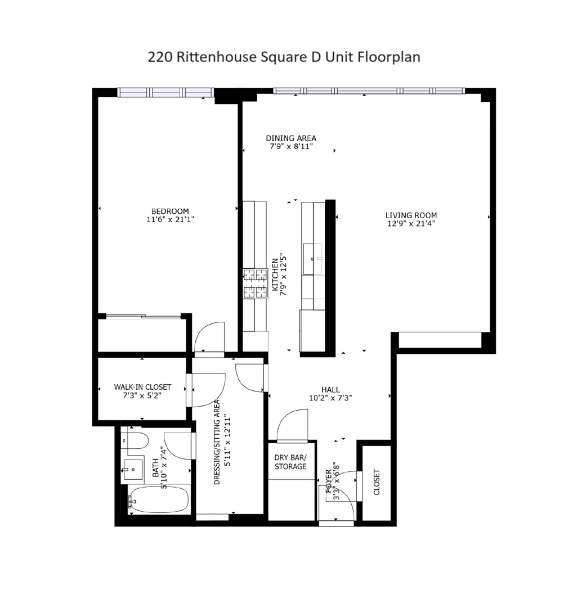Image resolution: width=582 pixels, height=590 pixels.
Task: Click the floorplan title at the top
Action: tap(284, 57)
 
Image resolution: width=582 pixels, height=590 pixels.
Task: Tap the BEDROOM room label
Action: tap(170, 211)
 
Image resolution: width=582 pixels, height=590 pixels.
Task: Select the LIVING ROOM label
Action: tap(411, 215)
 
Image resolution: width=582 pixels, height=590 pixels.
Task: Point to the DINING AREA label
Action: tap(291, 138)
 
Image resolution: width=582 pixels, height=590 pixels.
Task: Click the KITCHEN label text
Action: tap(275, 274)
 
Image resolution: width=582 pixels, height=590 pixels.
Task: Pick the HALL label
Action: tap(330, 389)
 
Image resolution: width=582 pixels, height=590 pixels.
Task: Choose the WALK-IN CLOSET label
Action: tap(142, 387)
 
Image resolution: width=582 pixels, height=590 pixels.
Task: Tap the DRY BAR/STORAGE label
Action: tap(290, 462)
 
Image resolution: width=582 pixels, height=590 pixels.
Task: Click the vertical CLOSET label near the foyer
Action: tap(377, 481)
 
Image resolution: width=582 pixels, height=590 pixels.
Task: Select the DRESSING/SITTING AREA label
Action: tap(217, 443)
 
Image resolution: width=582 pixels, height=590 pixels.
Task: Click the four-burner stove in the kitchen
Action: tap(255, 283)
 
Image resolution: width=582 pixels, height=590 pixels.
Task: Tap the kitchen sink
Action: tap(313, 259)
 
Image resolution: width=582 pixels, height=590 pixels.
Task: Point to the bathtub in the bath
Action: tap(159, 499)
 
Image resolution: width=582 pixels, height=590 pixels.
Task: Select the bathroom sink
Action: tap(132, 469)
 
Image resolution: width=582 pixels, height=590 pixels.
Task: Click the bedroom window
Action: tap(165, 92)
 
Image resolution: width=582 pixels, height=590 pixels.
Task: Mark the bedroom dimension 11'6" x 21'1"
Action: tap(170, 219)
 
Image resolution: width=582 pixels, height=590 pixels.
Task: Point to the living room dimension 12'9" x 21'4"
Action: tap(411, 223)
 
